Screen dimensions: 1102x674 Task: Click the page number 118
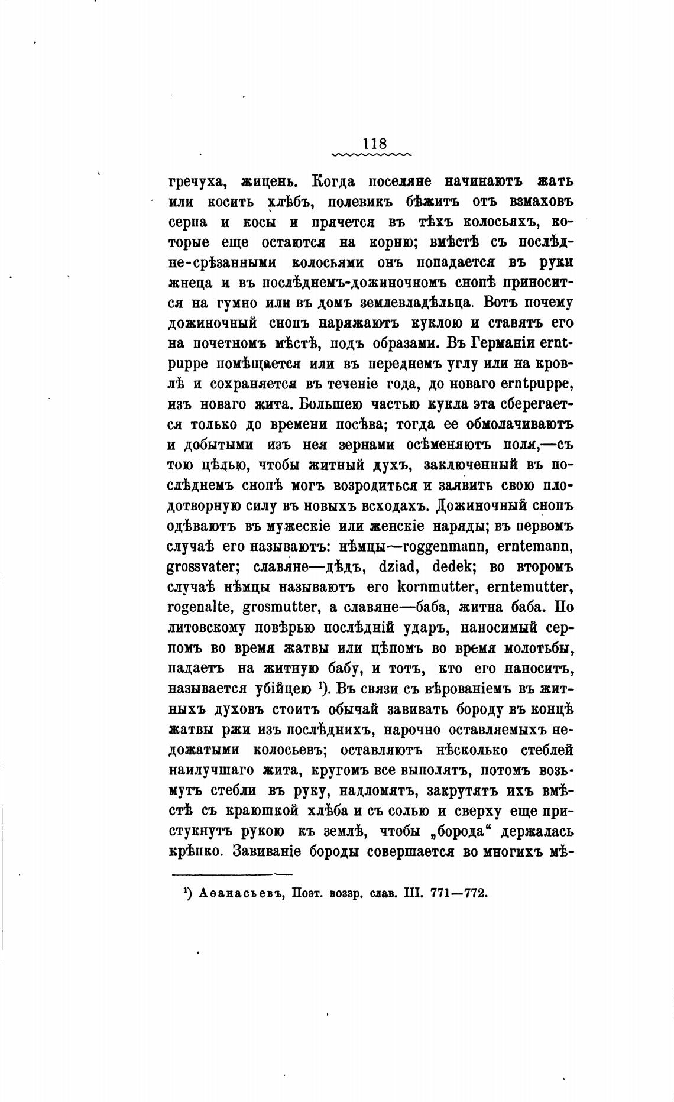(x=374, y=143)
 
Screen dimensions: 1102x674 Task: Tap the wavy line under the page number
(x=372, y=156)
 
